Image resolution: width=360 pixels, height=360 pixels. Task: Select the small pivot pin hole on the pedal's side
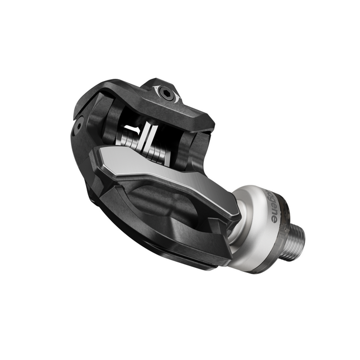(x=80, y=125)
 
